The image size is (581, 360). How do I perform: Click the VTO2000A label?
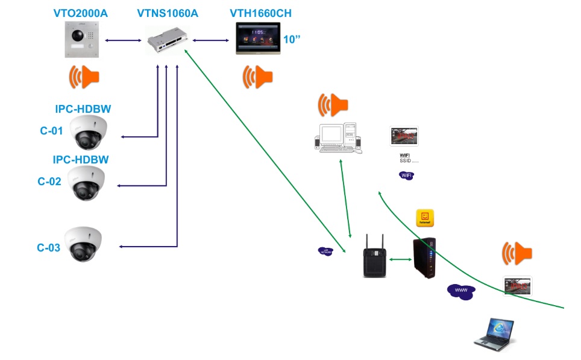click(80, 13)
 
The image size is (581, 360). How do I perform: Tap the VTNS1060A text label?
click(169, 13)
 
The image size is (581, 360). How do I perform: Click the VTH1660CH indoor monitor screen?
click(258, 39)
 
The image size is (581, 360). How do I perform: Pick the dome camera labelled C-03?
click(84, 244)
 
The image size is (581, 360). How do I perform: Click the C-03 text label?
click(49, 247)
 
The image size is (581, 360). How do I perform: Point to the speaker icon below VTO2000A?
click(84, 77)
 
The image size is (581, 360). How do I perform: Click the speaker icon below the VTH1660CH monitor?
click(257, 77)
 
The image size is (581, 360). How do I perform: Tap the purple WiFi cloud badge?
click(407, 175)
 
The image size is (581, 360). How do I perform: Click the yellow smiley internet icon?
click(425, 218)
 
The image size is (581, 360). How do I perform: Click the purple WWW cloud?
click(460, 291)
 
